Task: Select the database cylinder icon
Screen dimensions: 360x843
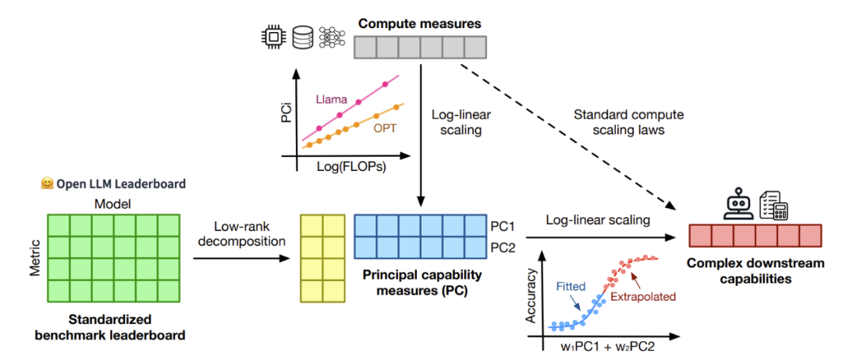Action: click(x=302, y=36)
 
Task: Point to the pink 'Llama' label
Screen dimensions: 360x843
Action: click(x=331, y=99)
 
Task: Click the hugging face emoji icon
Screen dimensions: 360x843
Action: click(x=45, y=185)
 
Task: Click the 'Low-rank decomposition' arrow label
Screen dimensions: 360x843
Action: click(x=240, y=233)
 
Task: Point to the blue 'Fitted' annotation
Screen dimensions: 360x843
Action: click(x=570, y=286)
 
